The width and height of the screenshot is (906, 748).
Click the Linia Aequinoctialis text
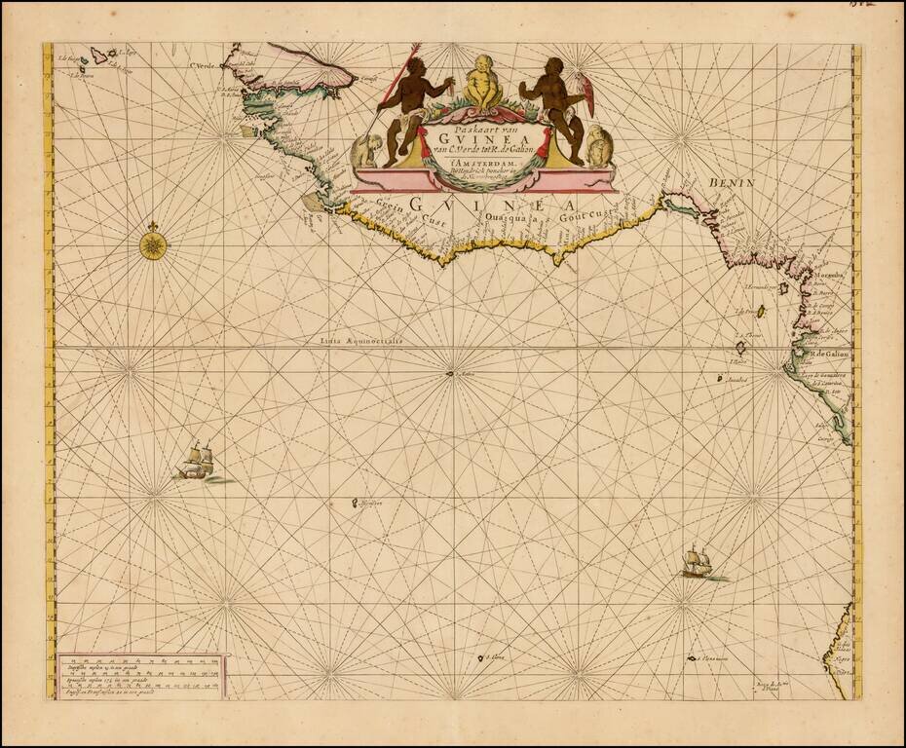[366, 342]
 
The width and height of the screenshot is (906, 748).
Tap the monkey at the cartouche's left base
[368, 149]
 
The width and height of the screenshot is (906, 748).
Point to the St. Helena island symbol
[481, 660]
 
